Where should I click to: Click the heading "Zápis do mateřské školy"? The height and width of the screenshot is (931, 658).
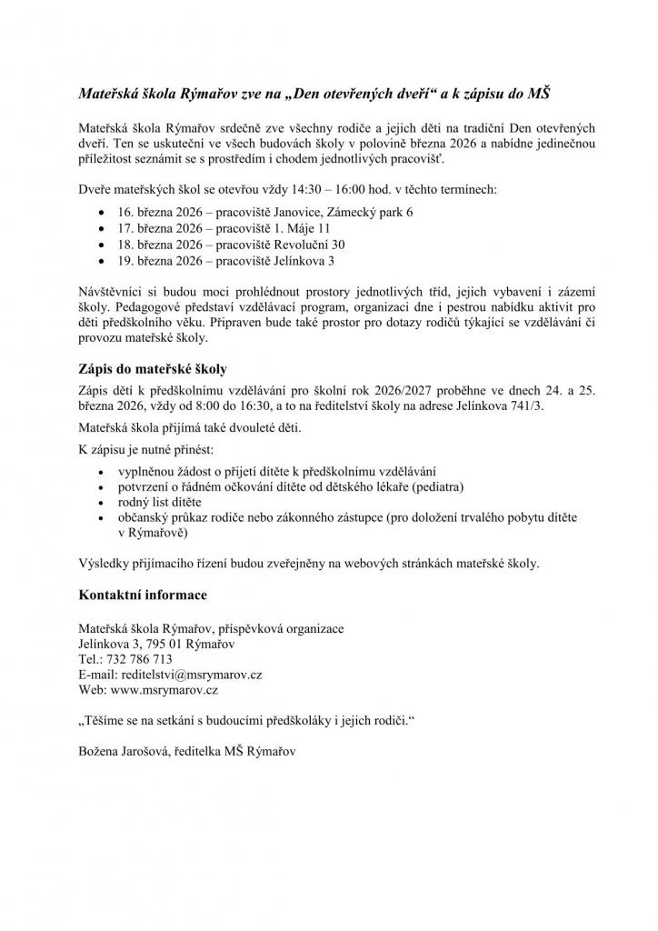(151, 369)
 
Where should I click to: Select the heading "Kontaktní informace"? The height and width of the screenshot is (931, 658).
(142, 595)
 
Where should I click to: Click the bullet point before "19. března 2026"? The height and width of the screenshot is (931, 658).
(99, 262)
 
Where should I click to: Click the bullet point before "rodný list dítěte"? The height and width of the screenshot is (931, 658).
(99, 502)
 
